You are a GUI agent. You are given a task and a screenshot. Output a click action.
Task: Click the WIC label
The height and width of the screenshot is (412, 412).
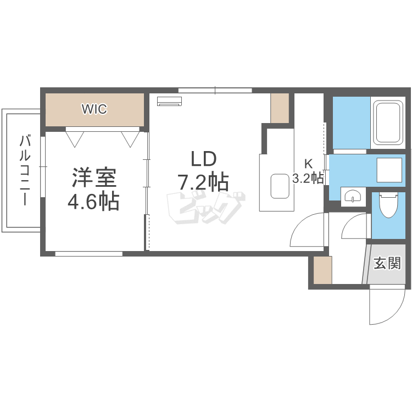[94, 109]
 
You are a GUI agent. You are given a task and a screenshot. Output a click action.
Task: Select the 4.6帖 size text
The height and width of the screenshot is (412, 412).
[93, 202]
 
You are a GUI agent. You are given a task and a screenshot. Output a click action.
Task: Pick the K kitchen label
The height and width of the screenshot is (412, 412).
[308, 163]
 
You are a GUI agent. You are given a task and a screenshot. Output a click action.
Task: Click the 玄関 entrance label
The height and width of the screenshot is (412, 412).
[387, 264]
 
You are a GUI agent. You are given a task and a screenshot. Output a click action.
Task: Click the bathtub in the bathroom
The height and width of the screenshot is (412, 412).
[388, 123]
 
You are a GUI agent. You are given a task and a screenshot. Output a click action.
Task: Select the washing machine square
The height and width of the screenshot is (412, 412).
[391, 170]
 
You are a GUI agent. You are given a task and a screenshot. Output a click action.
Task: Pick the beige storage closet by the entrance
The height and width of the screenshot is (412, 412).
[323, 270]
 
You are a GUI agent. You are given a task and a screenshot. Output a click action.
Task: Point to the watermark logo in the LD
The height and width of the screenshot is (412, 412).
[205, 207]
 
